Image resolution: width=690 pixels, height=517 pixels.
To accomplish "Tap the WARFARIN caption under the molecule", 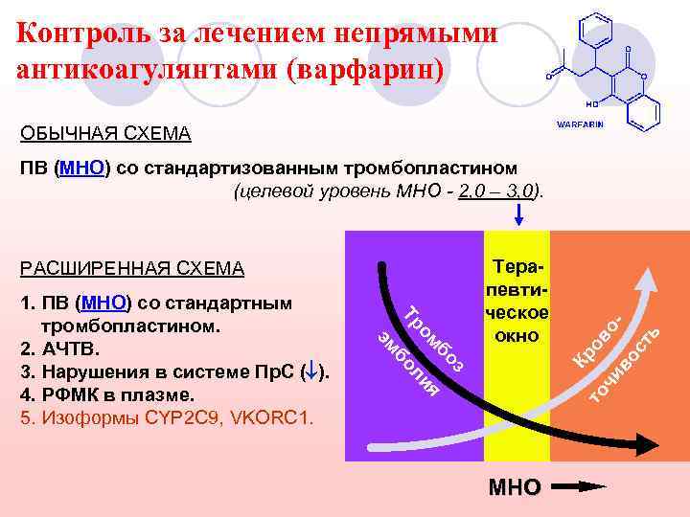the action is click(582, 125).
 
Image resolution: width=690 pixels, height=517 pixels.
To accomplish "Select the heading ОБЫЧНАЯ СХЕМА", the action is click(106, 132).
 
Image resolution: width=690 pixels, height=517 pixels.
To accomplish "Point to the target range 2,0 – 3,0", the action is click(496, 192).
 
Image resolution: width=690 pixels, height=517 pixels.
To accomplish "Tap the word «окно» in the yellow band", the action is click(517, 336).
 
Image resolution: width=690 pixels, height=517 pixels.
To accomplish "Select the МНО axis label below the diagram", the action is click(515, 487).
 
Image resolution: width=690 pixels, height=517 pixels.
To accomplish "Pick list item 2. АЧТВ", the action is click(58, 346).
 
